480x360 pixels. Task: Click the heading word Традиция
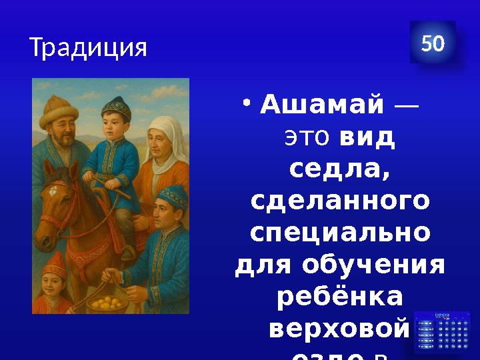tap(88, 47)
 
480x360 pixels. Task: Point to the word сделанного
tap(340, 201)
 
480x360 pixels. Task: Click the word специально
tap(340, 234)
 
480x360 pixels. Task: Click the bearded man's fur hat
tap(59, 110)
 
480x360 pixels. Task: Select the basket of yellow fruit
tap(108, 302)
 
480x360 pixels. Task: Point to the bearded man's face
tap(64, 137)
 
